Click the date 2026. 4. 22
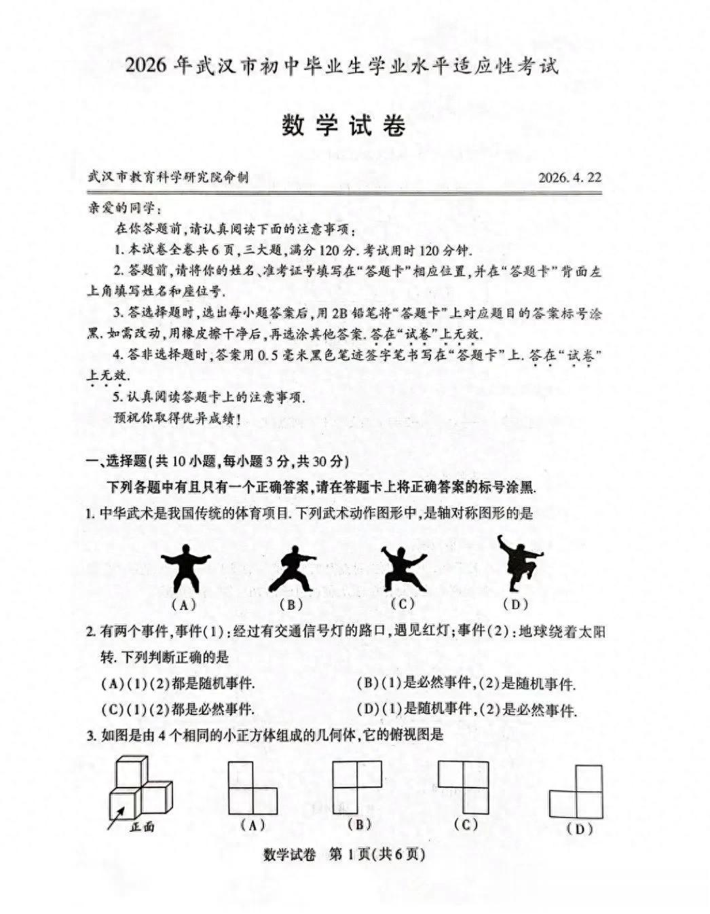(x=570, y=178)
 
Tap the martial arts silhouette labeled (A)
(x=185, y=569)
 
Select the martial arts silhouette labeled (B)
(x=293, y=568)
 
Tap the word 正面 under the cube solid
(x=143, y=826)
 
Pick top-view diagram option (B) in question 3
(x=358, y=786)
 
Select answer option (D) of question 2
(x=466, y=710)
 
